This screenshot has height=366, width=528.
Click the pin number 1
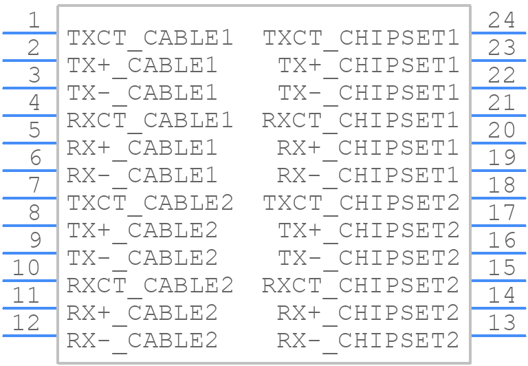(x=34, y=20)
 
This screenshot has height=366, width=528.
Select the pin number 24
(x=501, y=20)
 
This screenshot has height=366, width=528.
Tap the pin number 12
(x=26, y=323)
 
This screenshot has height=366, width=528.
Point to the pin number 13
(x=501, y=323)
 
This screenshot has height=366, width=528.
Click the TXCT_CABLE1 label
(x=150, y=39)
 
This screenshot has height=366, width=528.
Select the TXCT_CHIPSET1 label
(x=361, y=39)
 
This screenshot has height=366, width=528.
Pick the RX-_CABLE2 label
(x=142, y=341)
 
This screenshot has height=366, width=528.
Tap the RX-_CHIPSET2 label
(x=368, y=341)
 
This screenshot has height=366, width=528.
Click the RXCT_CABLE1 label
(x=150, y=121)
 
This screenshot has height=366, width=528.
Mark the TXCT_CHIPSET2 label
(x=361, y=204)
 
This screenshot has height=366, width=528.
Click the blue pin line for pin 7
(x=30, y=198)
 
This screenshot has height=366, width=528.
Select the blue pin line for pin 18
(x=498, y=198)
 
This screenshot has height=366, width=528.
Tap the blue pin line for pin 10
(x=30, y=281)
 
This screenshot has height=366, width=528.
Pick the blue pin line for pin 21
(x=498, y=116)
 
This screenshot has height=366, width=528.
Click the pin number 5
(x=34, y=130)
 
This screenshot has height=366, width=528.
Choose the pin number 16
(x=501, y=240)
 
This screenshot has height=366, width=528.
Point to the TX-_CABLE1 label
(x=142, y=94)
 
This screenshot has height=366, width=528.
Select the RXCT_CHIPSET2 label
(x=360, y=286)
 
